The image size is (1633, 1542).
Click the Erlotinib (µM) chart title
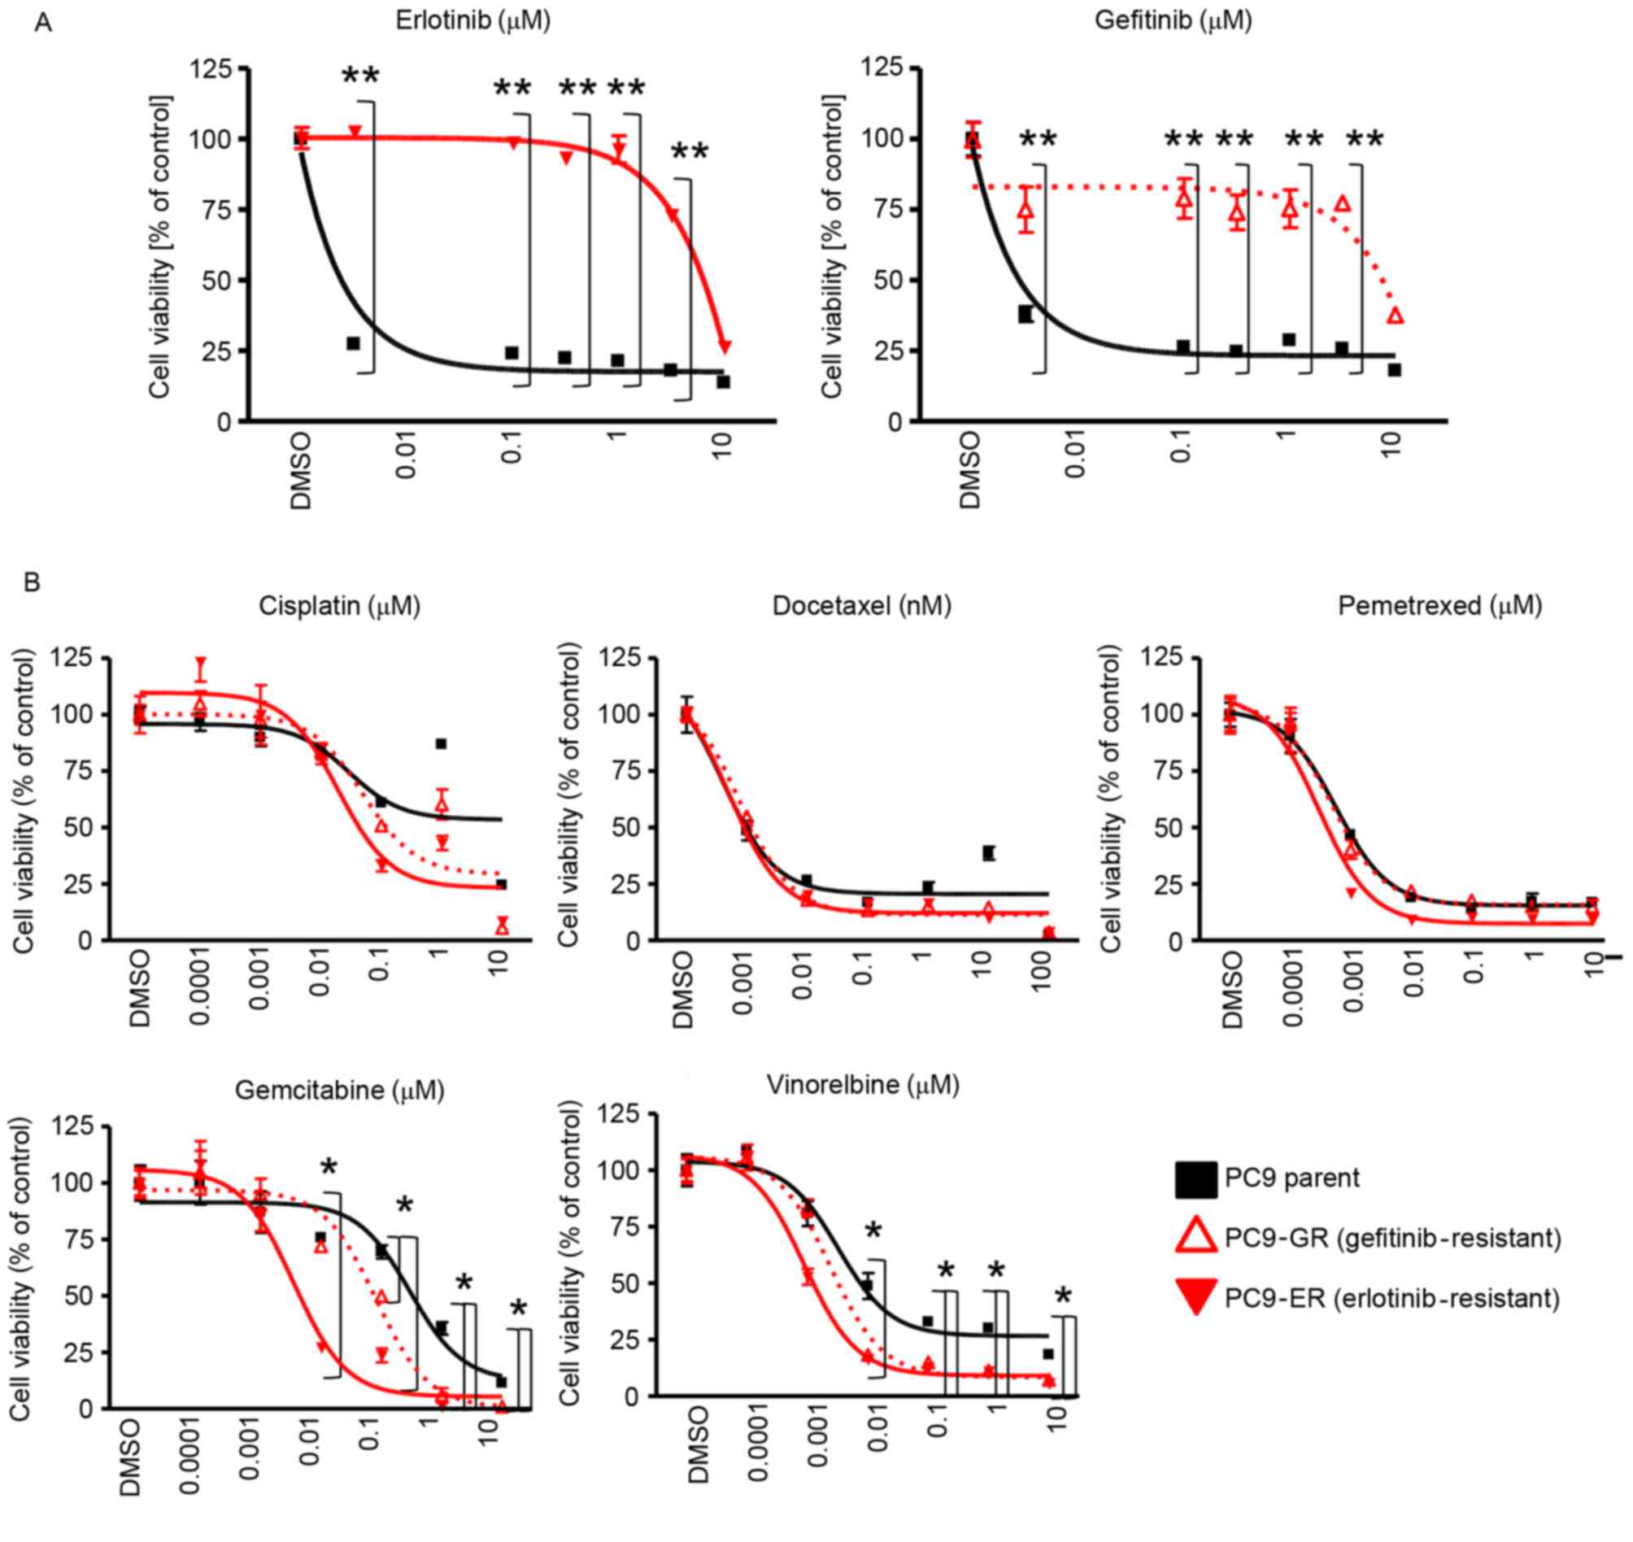click(472, 20)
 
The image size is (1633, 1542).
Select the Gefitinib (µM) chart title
click(1173, 20)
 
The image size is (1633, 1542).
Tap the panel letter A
click(43, 23)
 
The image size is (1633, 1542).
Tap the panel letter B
click(32, 582)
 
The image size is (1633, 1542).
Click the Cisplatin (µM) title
click(339, 606)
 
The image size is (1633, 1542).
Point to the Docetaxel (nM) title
click(862, 606)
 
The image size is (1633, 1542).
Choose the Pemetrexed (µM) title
click(1440, 606)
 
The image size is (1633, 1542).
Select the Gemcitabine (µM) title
click(339, 1090)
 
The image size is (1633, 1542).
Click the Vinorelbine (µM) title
click(863, 1085)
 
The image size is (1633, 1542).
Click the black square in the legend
click(1195, 1178)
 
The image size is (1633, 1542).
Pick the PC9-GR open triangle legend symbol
click(1195, 1238)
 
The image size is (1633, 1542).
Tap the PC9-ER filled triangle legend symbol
click(1195, 1299)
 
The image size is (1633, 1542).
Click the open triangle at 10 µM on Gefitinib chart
click(1395, 316)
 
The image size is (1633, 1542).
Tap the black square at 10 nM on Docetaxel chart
click(989, 853)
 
